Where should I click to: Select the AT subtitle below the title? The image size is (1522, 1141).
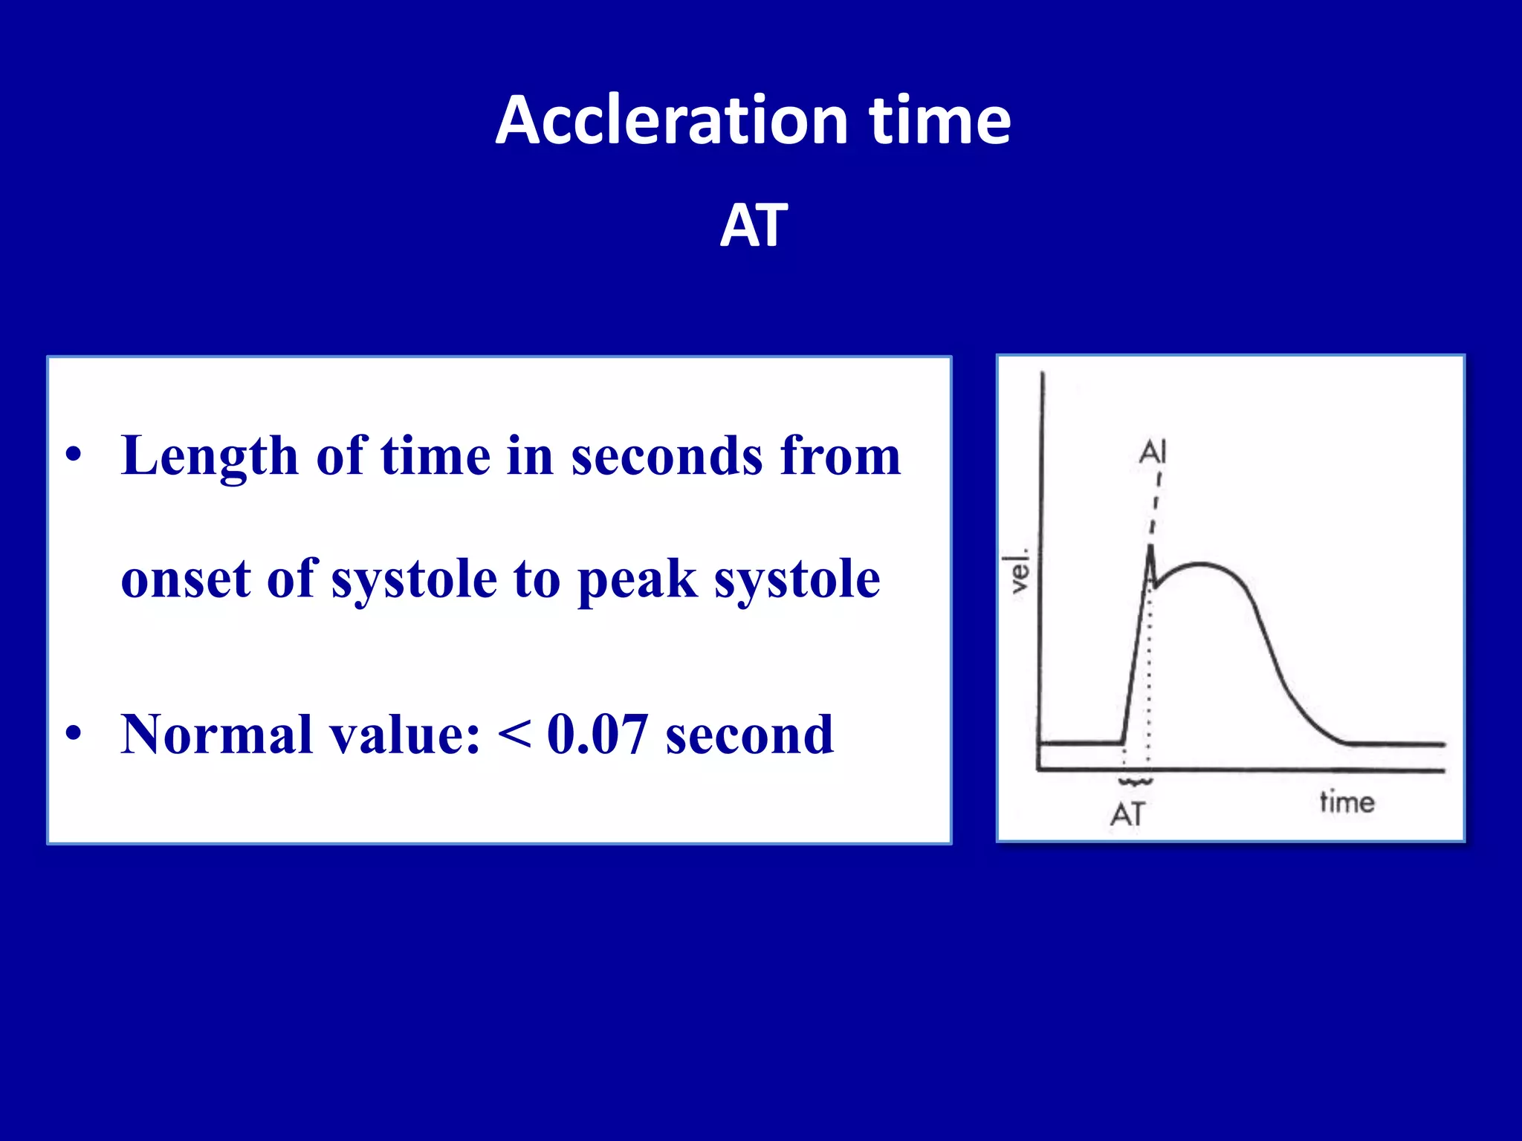tap(754, 226)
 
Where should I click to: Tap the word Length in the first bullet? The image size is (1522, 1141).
tap(210, 457)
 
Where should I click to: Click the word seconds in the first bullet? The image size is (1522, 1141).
tap(667, 455)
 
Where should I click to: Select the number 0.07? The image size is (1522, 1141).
tap(597, 735)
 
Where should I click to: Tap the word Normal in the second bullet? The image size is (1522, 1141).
tap(216, 735)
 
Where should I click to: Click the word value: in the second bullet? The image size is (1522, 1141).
tap(404, 735)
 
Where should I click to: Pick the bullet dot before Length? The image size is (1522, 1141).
tap(73, 455)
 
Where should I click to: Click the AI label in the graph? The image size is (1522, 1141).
tap(1153, 452)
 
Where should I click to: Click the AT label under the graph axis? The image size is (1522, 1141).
tap(1128, 815)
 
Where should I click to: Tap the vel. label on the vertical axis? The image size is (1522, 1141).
tap(1018, 571)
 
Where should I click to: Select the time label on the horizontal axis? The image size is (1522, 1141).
tap(1347, 802)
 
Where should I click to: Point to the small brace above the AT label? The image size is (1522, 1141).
tap(1136, 782)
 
